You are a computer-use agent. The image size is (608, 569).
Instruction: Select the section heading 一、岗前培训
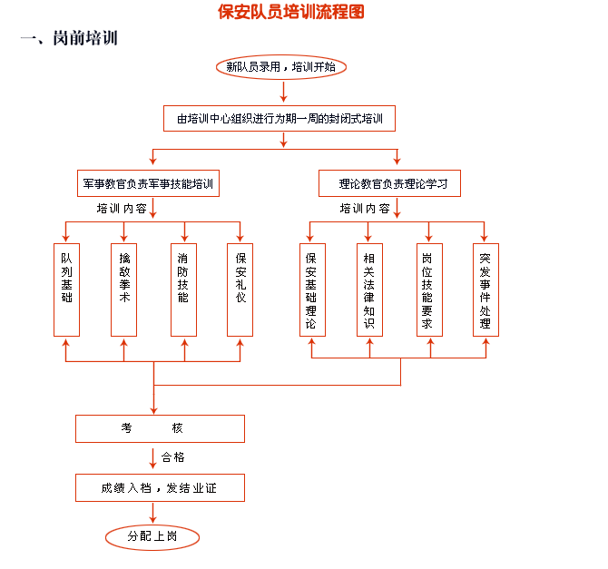click(x=69, y=40)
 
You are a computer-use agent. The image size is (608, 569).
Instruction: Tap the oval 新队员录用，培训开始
click(x=280, y=67)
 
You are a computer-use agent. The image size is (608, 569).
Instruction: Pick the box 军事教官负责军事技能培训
click(x=148, y=184)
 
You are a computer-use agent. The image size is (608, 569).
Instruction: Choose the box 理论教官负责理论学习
click(x=389, y=184)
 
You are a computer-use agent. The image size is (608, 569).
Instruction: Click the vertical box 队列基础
click(x=66, y=278)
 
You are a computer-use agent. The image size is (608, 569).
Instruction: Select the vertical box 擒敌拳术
click(x=124, y=278)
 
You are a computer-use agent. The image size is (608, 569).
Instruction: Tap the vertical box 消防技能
click(x=183, y=278)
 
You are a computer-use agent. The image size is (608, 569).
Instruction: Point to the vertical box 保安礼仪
click(x=240, y=278)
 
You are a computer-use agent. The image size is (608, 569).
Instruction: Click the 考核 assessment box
click(x=160, y=428)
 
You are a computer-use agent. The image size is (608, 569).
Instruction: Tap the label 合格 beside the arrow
click(x=173, y=457)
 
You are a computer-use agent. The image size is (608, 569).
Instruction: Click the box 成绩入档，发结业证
click(x=160, y=488)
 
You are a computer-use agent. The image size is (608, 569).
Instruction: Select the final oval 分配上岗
click(x=152, y=537)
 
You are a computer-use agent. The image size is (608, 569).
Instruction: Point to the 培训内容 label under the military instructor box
click(x=123, y=208)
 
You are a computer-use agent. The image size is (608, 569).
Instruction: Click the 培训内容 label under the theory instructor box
click(x=365, y=208)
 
